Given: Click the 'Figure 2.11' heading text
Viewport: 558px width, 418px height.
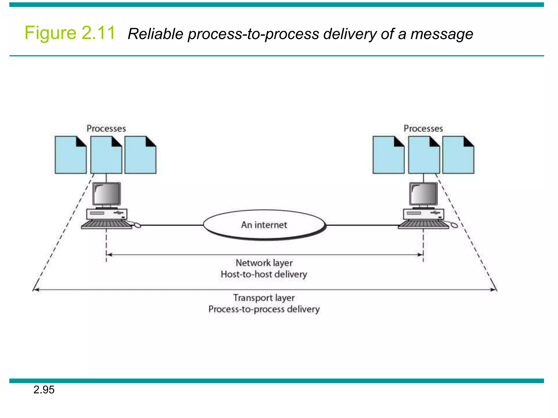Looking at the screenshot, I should coord(70,33).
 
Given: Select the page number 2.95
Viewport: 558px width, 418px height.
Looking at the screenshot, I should coord(44,390).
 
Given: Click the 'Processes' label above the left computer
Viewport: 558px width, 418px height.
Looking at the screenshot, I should coord(106,128).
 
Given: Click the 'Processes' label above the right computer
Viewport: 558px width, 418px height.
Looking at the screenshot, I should coord(423,128).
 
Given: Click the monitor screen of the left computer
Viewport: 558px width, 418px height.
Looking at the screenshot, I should coord(107,194).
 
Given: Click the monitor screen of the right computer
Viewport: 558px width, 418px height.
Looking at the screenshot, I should coord(423,194).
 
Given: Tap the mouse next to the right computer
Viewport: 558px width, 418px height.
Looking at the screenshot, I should coord(454,225).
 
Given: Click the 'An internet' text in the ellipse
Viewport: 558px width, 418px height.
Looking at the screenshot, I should coord(264,225).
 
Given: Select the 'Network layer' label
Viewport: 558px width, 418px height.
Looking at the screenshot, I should coord(264,263).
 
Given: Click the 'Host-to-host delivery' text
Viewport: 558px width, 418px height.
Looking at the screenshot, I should coord(264,274).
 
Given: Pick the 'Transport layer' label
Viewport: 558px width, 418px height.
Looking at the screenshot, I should coord(264,298).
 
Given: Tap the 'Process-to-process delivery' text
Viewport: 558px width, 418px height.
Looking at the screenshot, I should coord(264,309).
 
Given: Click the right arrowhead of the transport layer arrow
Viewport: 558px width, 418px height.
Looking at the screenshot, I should coord(494,290).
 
